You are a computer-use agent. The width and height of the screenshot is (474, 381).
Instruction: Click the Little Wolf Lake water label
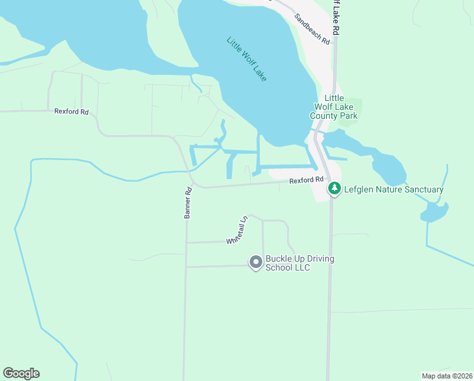click(247, 58)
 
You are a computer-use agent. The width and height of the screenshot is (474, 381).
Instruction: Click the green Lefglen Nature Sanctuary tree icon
click(334, 189)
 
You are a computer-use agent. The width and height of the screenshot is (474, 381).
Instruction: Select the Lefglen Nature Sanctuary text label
click(394, 189)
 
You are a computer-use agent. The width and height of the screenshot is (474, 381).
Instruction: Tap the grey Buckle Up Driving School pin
click(255, 262)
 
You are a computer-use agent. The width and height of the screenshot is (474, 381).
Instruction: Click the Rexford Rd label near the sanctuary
click(307, 180)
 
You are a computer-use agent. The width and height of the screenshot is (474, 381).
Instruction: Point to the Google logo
click(21, 373)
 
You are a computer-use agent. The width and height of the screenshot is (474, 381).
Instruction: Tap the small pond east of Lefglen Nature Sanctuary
click(435, 211)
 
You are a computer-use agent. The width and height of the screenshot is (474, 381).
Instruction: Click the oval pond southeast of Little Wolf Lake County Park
click(388, 169)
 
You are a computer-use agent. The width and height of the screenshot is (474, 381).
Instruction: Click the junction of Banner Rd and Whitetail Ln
click(186, 243)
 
